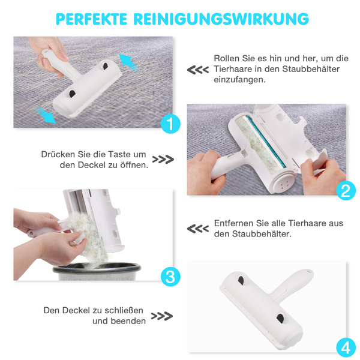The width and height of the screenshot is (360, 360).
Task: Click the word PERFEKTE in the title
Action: point(91,19)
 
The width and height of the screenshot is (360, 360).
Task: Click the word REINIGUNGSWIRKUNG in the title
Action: point(221,19)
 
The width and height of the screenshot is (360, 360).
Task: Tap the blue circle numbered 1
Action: point(170,124)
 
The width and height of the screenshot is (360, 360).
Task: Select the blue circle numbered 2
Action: point(346,191)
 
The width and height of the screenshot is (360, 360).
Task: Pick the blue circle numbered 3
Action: point(170,277)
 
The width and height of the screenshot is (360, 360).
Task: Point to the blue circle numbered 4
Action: point(346,347)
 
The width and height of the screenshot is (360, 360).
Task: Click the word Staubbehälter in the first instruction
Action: point(311,69)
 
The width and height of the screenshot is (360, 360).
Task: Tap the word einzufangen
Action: point(239,80)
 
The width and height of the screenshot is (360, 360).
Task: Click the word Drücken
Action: point(58,154)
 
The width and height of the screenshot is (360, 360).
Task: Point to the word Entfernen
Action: point(234,223)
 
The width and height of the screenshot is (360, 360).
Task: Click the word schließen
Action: point(124,310)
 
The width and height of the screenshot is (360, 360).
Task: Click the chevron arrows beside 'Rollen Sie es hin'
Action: point(197,70)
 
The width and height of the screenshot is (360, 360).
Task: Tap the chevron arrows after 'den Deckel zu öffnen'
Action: point(163,160)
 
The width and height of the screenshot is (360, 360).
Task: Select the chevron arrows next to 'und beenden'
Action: point(162,316)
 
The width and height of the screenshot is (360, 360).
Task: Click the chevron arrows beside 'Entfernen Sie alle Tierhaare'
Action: point(197,229)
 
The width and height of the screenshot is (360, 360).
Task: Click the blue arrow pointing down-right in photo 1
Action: point(46,115)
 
